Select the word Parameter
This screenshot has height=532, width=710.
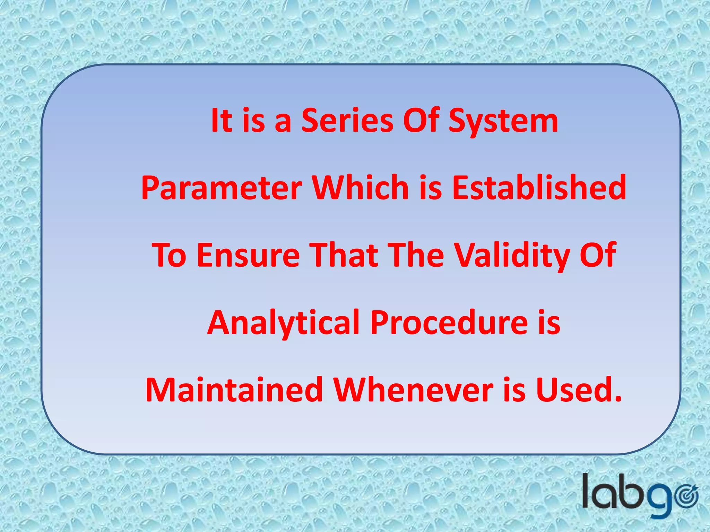[x=222, y=188]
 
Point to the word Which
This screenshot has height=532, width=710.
[x=361, y=188]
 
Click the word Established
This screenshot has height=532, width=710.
[x=539, y=188]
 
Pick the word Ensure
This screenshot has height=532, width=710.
[x=248, y=256]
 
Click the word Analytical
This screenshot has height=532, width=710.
[x=283, y=323]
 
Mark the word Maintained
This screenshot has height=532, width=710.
[x=234, y=390]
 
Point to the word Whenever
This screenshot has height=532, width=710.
[x=413, y=390]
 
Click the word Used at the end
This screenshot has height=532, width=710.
[x=579, y=390]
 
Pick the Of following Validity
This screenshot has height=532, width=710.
[x=598, y=256]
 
